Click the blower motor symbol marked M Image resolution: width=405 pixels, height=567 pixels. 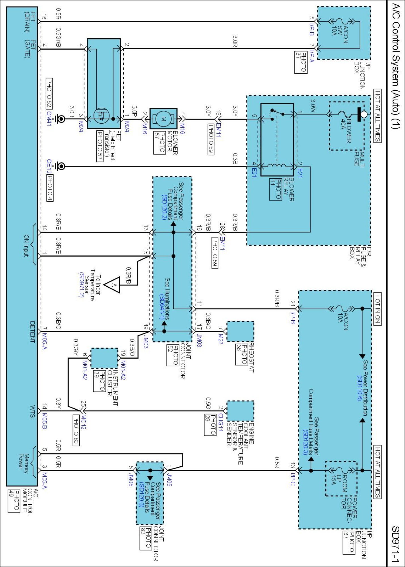163,119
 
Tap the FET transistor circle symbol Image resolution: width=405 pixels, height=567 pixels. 101,116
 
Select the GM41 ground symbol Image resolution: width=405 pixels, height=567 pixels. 60,119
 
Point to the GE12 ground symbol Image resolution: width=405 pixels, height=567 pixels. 60,166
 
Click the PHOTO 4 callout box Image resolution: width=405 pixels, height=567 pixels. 50,188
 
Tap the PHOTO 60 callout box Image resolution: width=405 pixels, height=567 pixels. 76,430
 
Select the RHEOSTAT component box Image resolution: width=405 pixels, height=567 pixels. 240,331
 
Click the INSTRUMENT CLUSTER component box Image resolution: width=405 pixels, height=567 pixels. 104,358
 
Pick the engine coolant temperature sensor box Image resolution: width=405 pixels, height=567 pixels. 240,411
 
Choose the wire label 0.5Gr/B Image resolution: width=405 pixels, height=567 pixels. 59,37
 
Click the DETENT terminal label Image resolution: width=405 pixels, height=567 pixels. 32,332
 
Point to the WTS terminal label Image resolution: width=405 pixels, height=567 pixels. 32,411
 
